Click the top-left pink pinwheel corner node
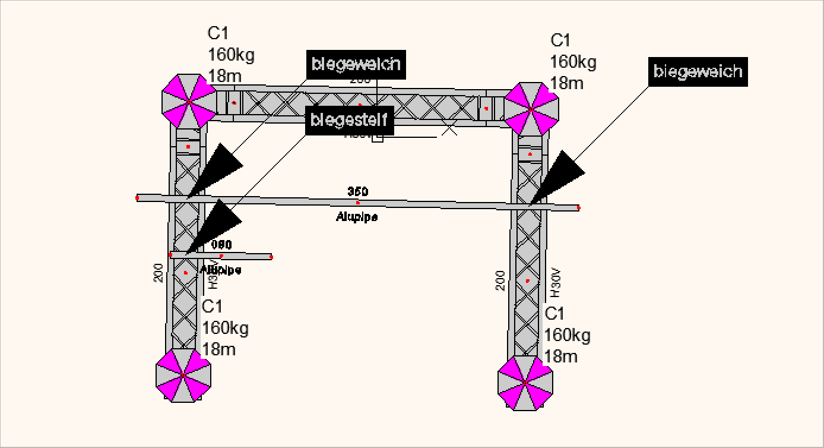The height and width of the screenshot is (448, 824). pyautogui.click(x=189, y=102)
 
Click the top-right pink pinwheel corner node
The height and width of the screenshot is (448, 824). pyautogui.click(x=531, y=109)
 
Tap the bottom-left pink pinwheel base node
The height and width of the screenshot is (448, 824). pyautogui.click(x=183, y=376)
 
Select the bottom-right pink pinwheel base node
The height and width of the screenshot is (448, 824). pyautogui.click(x=525, y=383)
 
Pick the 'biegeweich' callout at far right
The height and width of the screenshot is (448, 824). pyautogui.click(x=698, y=72)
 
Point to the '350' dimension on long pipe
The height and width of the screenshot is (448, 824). pyautogui.click(x=357, y=191)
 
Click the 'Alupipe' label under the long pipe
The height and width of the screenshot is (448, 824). pyautogui.click(x=357, y=217)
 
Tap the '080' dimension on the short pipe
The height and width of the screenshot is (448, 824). pyautogui.click(x=221, y=245)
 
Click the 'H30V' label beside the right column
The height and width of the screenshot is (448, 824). pyautogui.click(x=556, y=283)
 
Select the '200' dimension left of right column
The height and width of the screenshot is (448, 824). pyautogui.click(x=500, y=280)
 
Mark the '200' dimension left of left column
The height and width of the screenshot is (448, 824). pyautogui.click(x=159, y=273)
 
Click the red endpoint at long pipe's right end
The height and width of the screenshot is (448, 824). pyautogui.click(x=578, y=208)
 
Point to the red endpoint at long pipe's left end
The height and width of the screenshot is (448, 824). pyautogui.click(x=137, y=197)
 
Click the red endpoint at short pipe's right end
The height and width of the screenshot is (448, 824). pyautogui.click(x=271, y=257)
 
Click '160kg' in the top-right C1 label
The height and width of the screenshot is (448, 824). pyautogui.click(x=573, y=62)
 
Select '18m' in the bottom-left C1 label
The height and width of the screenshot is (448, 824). pyautogui.click(x=219, y=349)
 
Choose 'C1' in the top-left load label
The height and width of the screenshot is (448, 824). pyautogui.click(x=218, y=34)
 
